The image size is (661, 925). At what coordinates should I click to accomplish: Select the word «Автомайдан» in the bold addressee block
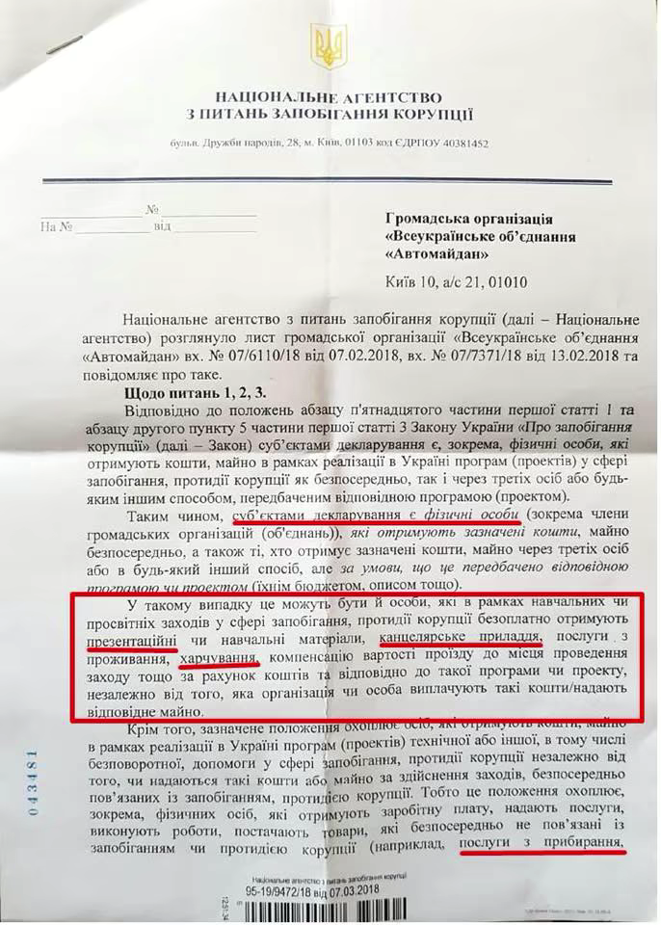436,255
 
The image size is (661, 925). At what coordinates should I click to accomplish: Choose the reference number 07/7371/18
469,355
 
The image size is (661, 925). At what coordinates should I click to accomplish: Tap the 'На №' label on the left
58,226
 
